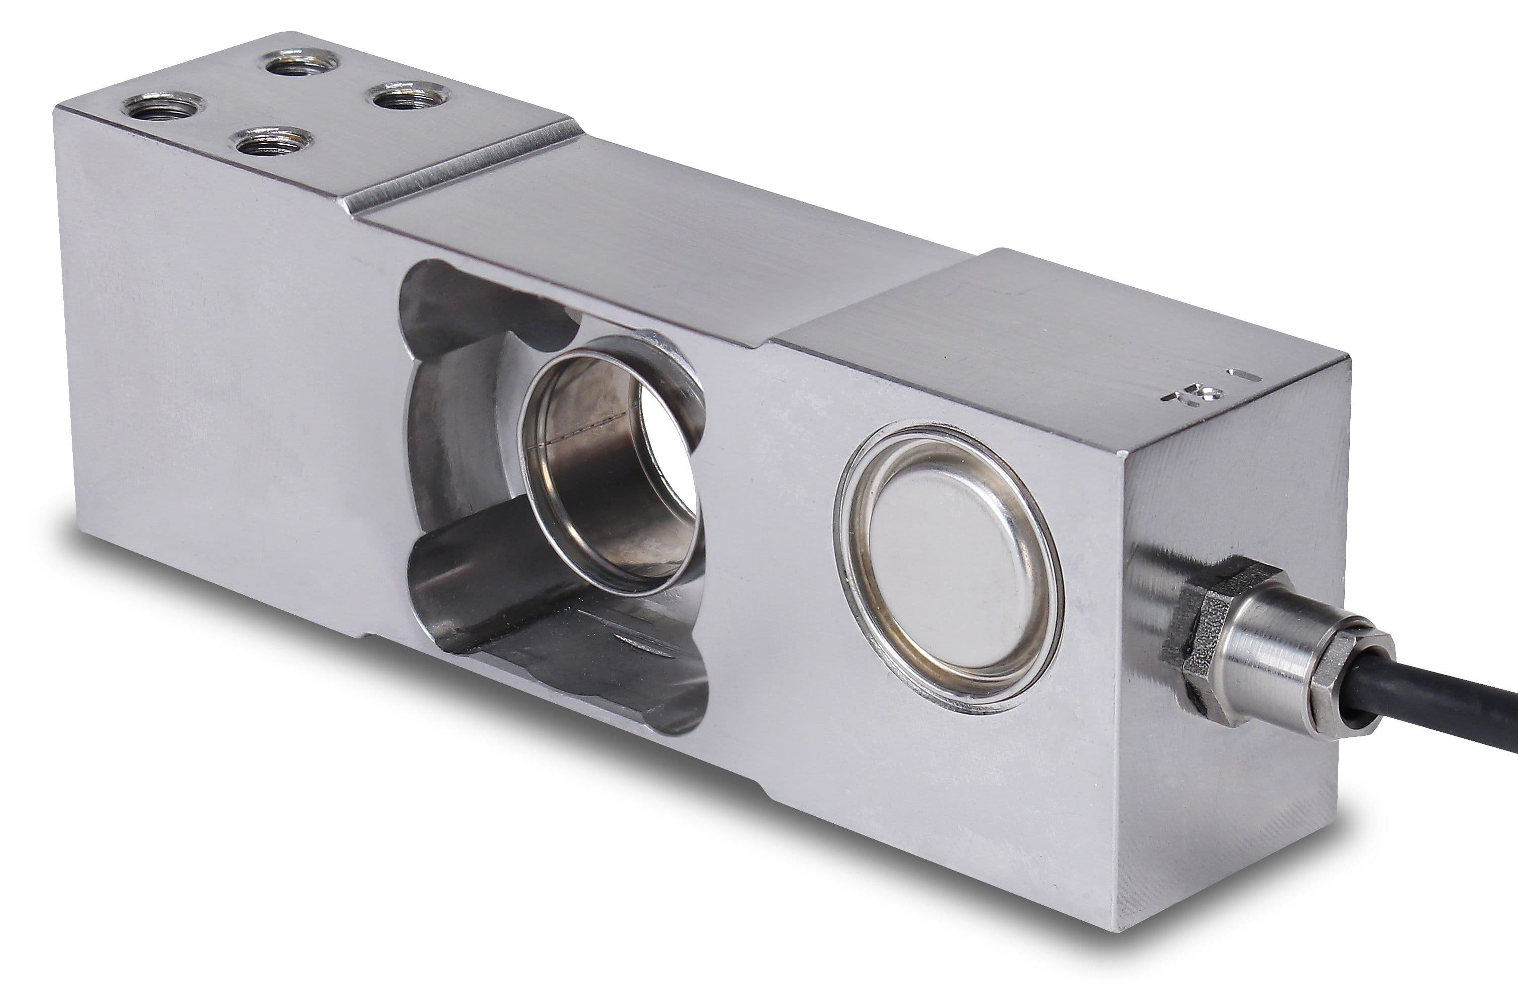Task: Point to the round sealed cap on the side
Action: pos(948,564)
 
